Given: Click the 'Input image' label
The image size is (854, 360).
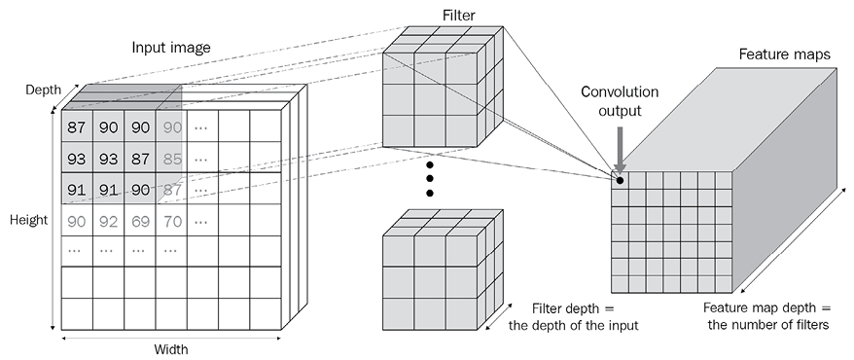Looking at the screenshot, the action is click(171, 48).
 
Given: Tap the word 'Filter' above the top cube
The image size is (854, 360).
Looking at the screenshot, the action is click(458, 16).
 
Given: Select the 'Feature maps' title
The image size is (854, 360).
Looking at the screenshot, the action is click(784, 54).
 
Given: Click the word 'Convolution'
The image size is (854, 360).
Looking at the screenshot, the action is click(620, 91).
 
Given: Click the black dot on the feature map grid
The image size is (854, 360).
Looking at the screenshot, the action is click(620, 180).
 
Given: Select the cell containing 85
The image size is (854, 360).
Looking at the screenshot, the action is click(171, 159).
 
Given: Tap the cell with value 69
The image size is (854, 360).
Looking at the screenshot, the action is click(140, 221).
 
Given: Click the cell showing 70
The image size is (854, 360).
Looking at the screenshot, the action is click(171, 221).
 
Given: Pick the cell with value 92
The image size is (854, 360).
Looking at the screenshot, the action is click(108, 221).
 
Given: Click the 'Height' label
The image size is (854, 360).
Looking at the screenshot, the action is click(28, 220).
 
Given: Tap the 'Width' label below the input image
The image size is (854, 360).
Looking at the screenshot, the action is click(171, 349).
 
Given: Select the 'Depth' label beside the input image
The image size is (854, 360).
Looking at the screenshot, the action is click(43, 90).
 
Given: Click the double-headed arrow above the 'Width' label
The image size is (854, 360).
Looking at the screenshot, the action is click(171, 339).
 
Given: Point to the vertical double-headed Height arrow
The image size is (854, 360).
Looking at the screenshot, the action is click(53, 218).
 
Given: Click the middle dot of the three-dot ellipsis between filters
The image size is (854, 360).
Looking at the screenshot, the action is click(430, 179).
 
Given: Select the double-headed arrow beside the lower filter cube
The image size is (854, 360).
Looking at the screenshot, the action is click(498, 316).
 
